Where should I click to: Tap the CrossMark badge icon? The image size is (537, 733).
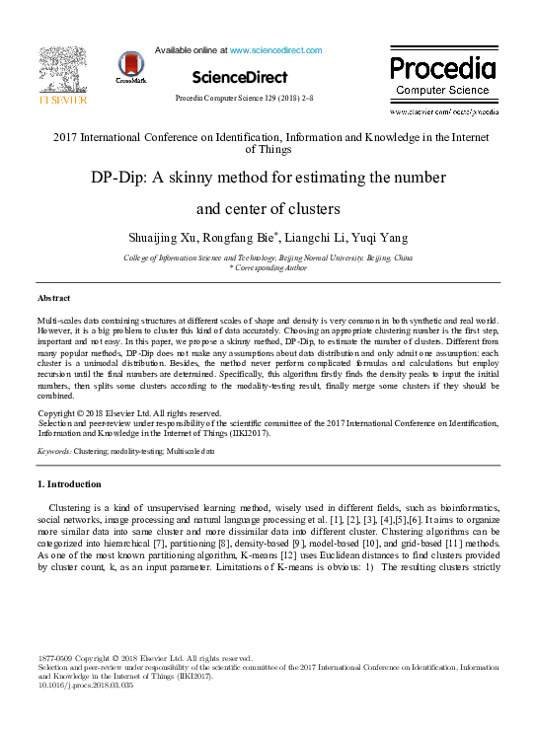[129, 67]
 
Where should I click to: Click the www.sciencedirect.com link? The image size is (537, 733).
[275, 49]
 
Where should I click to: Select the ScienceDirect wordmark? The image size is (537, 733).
[240, 77]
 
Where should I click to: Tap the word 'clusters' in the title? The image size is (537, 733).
[311, 209]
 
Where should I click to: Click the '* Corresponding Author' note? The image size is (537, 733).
[268, 267]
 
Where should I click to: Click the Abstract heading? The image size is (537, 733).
[53, 297]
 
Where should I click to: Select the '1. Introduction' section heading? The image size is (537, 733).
[69, 484]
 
